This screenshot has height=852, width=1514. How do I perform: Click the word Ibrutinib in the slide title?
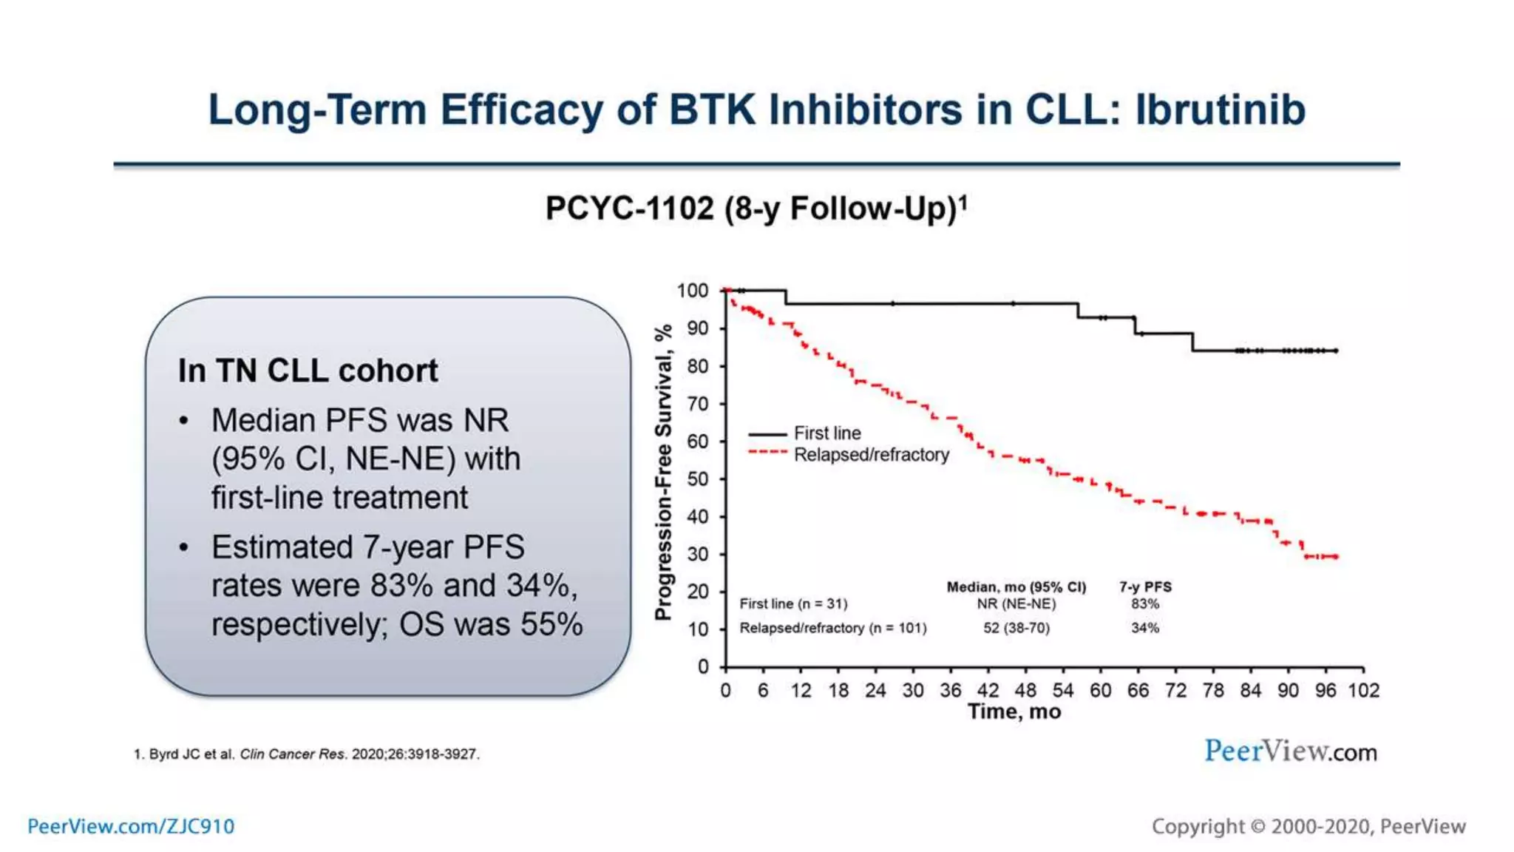click(x=1220, y=109)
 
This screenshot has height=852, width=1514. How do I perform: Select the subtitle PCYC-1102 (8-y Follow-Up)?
click(x=756, y=209)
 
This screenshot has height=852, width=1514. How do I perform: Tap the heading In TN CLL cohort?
click(x=308, y=371)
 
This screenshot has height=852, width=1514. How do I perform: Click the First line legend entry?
click(x=826, y=433)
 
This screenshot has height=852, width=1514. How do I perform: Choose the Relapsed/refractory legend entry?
click(x=871, y=455)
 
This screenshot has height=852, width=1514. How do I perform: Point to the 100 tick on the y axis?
click(x=693, y=291)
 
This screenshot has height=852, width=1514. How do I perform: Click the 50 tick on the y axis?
click(x=698, y=479)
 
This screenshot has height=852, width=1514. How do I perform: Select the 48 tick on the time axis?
click(x=1025, y=691)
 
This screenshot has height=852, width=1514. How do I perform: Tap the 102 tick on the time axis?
click(x=1363, y=691)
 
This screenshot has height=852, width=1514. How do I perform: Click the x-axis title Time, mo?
click(x=1014, y=712)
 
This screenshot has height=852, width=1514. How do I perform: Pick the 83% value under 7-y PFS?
click(x=1144, y=604)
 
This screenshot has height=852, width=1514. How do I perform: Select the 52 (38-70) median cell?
click(x=1016, y=628)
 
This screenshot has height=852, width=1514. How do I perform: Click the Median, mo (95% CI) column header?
click(x=1016, y=587)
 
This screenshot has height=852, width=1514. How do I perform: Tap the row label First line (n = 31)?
click(x=793, y=604)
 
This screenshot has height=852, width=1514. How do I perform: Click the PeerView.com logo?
click(x=1290, y=751)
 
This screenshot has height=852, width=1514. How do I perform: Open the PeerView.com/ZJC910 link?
click(x=131, y=826)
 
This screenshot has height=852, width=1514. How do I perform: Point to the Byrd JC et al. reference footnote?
click(x=306, y=754)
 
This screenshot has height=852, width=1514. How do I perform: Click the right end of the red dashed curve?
click(x=1335, y=556)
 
